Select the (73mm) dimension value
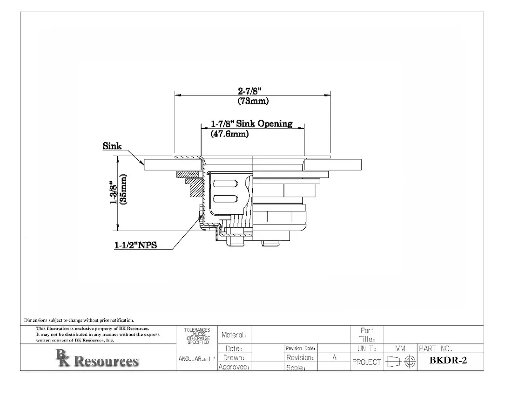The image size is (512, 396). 253,101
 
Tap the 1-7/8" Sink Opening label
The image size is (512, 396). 251,124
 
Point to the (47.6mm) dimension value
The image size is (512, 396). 230,134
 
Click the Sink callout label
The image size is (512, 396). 112,146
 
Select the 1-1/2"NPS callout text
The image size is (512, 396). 135,246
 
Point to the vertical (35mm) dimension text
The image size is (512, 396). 123,189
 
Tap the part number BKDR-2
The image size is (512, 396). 448,360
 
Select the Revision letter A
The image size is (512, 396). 334,358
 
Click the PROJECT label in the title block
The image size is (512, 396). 366,362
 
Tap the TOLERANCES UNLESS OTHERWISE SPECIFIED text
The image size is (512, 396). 197,336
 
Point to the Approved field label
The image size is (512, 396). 235,367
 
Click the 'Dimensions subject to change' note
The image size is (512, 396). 79,320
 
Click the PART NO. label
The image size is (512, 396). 436,348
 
